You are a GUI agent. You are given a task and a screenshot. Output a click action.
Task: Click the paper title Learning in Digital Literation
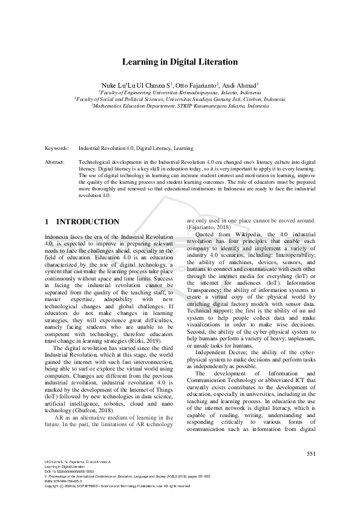click(180, 62)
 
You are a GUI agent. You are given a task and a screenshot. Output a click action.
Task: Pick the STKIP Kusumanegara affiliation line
click(180, 105)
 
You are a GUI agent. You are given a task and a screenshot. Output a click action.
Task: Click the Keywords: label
click(57, 148)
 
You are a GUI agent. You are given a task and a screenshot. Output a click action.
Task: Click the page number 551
click(311, 453)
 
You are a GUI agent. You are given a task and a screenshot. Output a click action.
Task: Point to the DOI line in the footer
click(66, 471)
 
